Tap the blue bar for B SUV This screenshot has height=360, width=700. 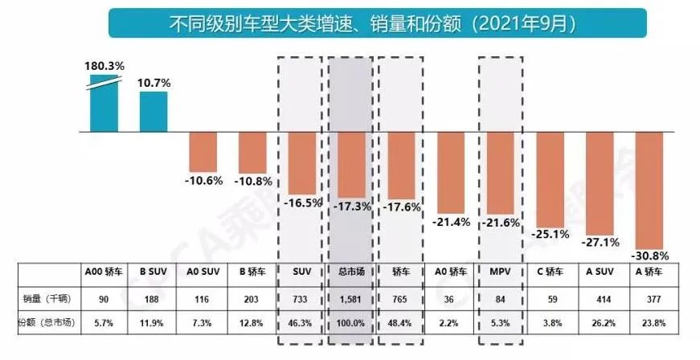pos(154,112)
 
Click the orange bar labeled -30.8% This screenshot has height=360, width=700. pos(649,190)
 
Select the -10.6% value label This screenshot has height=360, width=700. pos(203,180)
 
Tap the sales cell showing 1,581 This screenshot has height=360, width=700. pos(351,299)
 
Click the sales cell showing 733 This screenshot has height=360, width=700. pos(302,299)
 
